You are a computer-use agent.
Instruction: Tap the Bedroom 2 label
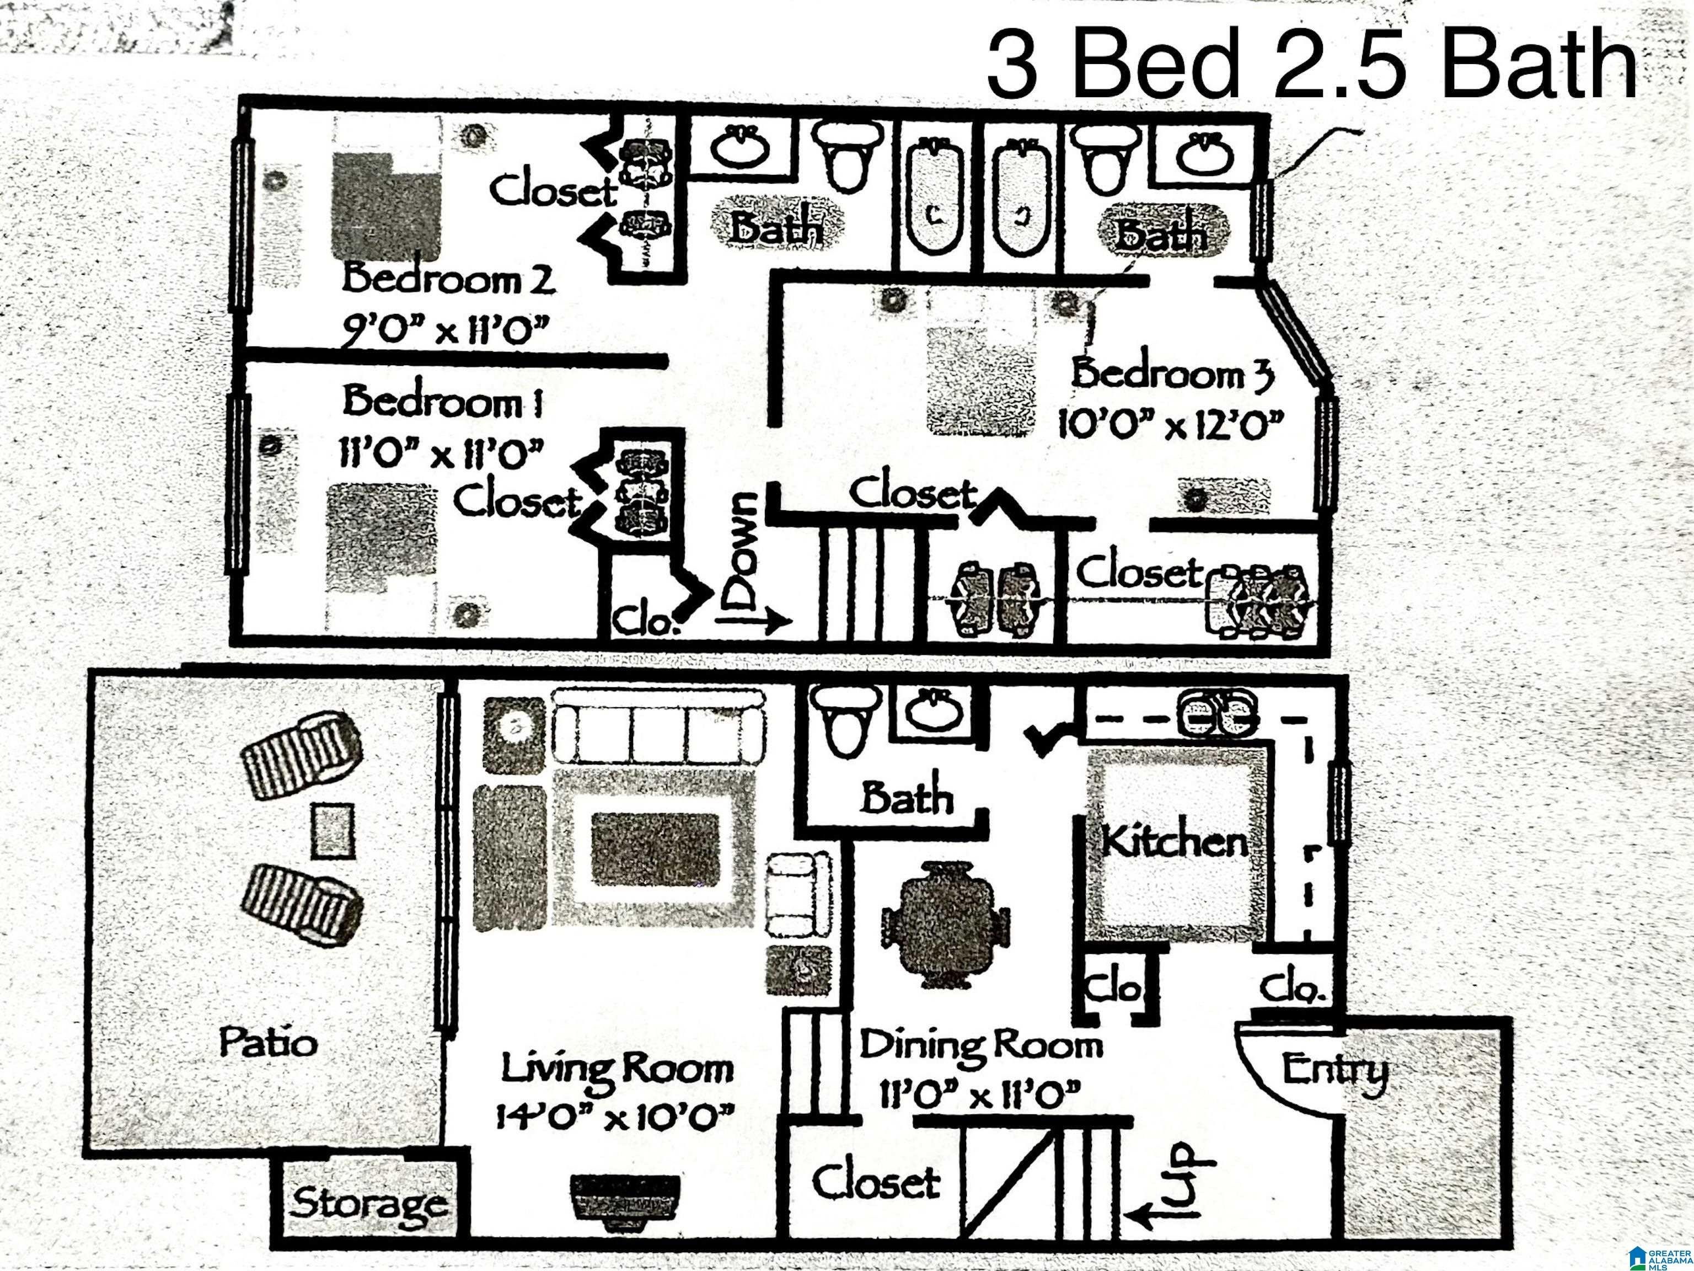(448, 279)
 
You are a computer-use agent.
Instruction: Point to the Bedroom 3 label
(1172, 374)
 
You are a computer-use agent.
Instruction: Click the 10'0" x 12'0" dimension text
(1170, 424)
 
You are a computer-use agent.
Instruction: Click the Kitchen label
(1174, 843)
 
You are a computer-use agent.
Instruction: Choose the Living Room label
(617, 1068)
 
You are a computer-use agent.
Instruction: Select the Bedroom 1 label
(443, 402)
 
